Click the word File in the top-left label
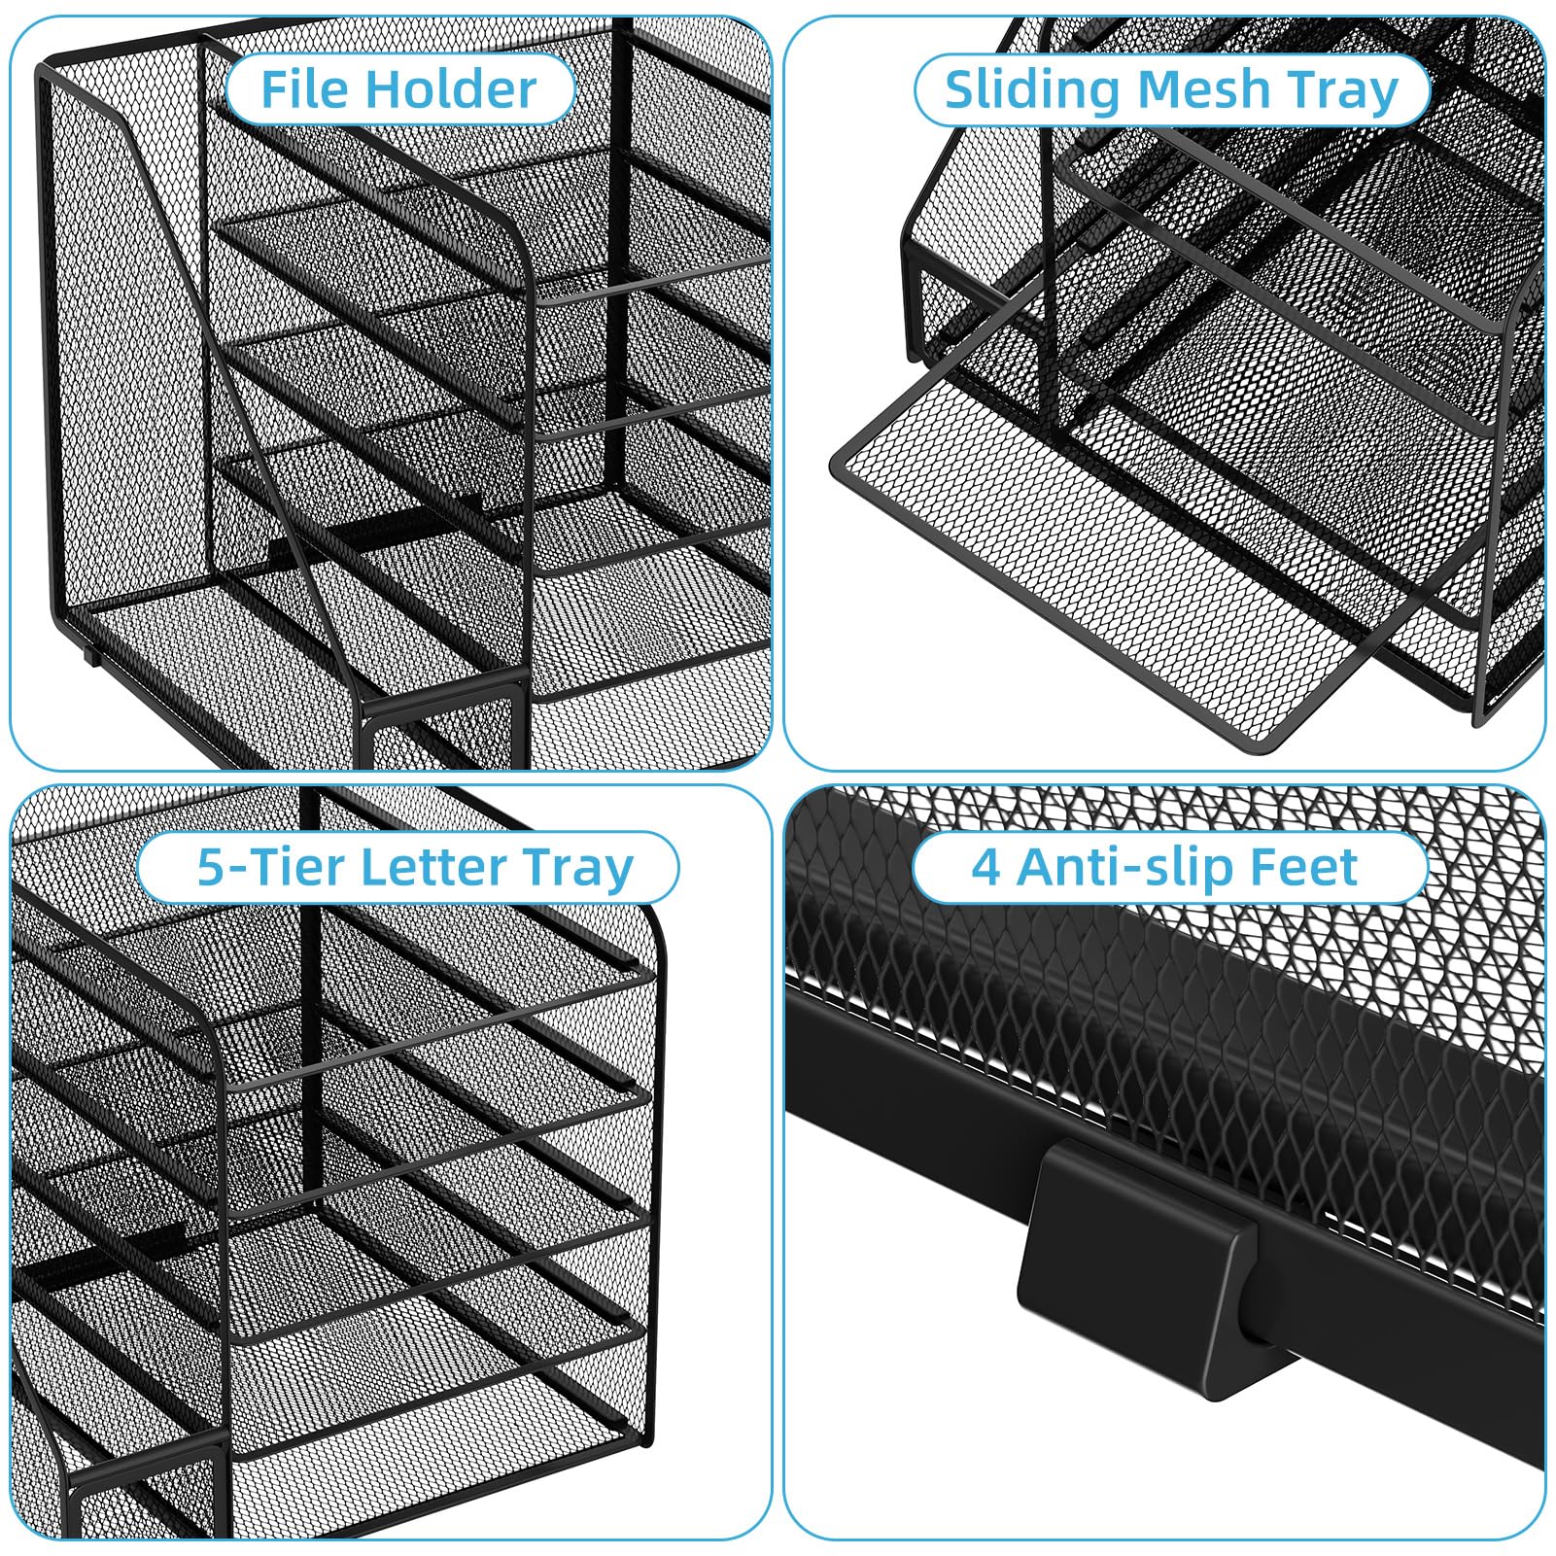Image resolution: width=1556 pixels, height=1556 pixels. [x=303, y=89]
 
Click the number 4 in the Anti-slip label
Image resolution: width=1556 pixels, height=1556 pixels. [x=985, y=867]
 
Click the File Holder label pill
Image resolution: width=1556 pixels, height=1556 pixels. [x=399, y=89]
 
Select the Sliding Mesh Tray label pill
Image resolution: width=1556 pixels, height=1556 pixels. [x=1171, y=90]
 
